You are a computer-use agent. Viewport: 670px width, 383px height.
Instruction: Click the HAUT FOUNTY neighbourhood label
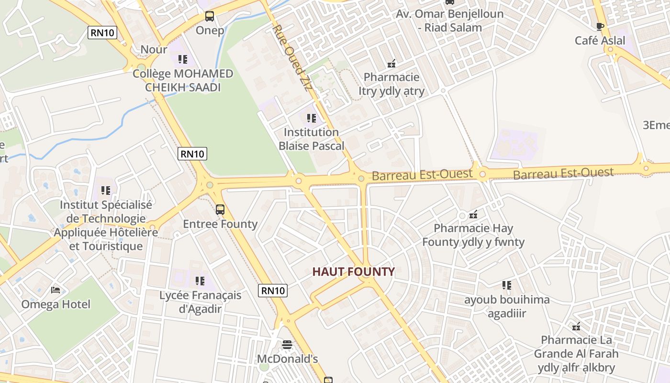point(354,272)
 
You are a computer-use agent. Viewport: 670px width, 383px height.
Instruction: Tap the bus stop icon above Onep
point(210,16)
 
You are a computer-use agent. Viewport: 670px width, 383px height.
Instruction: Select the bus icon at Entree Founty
point(220,210)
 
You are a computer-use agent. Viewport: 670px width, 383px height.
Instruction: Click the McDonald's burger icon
point(287,345)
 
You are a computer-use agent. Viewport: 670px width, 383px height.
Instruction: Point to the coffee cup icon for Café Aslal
point(600,27)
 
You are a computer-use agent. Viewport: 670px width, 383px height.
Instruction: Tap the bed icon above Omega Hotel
point(56,290)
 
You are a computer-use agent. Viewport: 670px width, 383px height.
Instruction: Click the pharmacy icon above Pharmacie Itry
point(391,63)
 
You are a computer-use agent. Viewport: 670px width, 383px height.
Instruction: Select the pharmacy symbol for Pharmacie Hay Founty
point(473,214)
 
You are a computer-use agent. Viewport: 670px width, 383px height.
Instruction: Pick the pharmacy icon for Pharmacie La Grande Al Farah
point(576,327)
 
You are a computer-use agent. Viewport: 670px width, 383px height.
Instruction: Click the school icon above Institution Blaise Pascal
point(312,118)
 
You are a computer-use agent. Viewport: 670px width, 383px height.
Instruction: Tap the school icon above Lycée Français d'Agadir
point(200,281)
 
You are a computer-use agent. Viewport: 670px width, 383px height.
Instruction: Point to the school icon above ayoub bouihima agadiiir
point(507,285)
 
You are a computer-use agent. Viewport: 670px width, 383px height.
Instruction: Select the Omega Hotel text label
point(56,304)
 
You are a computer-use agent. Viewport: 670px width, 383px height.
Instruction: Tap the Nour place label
point(154,49)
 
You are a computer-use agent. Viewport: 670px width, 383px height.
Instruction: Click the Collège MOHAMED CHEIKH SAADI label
point(183,80)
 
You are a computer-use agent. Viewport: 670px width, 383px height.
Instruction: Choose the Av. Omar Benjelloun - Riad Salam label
point(449,21)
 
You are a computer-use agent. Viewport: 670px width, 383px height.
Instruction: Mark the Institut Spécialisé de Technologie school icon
point(106,191)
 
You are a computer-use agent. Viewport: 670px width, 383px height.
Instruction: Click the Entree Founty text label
point(220,224)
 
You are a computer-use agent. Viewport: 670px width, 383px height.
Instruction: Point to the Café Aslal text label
point(600,41)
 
